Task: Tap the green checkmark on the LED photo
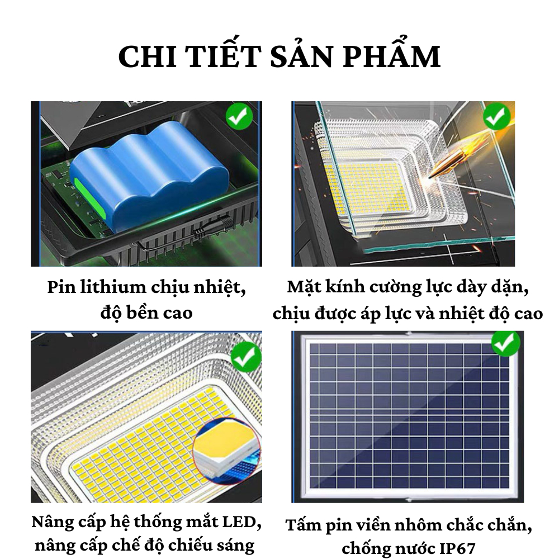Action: pos(246,356)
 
